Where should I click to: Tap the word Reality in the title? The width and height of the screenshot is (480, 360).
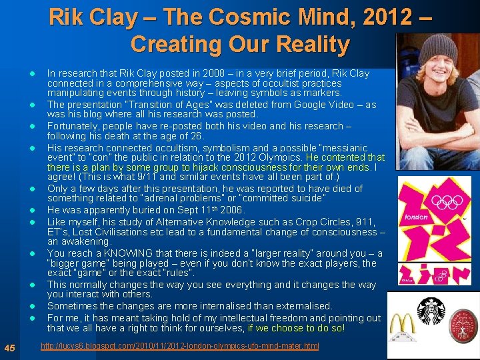pyautogui.click(x=308, y=44)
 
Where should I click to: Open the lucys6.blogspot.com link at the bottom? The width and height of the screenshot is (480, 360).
pyautogui.click(x=179, y=346)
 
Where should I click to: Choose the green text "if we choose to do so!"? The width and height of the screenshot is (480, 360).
pyautogui.click(x=297, y=328)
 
